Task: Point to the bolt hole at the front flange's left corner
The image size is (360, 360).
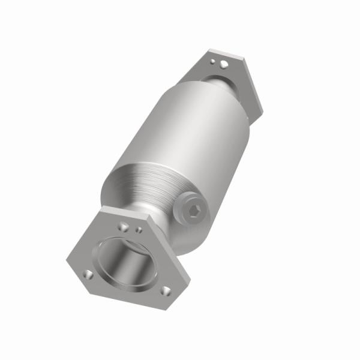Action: click(88, 274)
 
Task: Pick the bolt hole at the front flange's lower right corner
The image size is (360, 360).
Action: click(166, 292)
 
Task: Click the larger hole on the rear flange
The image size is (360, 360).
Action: click(223, 64)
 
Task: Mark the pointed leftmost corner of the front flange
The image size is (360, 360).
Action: click(67, 259)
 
